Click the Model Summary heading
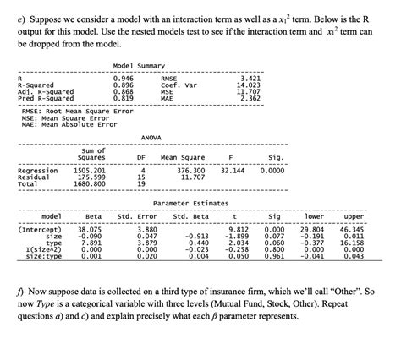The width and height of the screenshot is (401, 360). point(138,64)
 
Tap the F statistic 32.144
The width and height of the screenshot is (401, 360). point(232,170)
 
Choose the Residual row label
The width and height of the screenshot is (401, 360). point(36,177)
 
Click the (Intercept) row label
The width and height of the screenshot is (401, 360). point(39,229)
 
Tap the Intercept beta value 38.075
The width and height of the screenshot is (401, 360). point(89,229)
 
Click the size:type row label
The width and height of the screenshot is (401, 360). point(38,256)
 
